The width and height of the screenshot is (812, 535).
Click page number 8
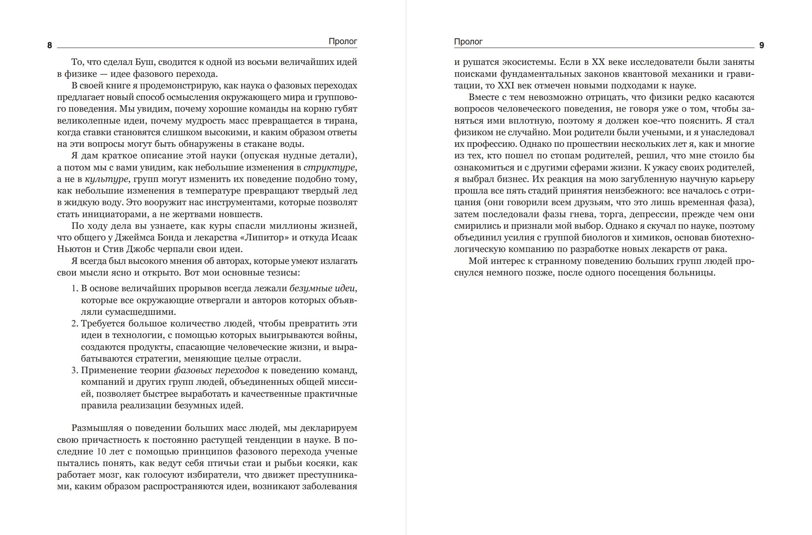point(50,45)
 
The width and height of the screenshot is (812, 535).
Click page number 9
point(761,45)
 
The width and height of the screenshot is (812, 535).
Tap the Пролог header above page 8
point(343,41)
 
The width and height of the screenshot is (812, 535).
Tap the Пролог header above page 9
point(468,41)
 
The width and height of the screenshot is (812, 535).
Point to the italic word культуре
point(107,179)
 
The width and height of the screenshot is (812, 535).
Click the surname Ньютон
point(72,249)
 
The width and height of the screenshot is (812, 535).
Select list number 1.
point(75,289)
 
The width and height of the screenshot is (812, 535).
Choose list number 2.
point(75,324)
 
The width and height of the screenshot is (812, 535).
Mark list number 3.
point(75,370)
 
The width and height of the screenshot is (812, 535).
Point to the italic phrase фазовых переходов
point(216,370)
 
